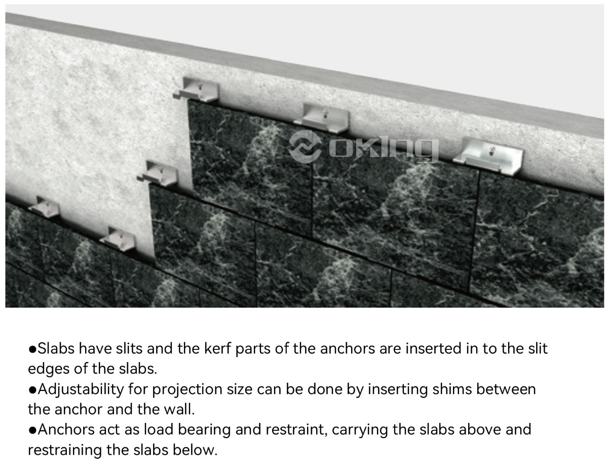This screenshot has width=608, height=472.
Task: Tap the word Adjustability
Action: (x=81, y=390)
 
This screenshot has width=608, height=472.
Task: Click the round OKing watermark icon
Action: (x=305, y=146)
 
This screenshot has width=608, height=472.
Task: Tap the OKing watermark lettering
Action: (x=384, y=149)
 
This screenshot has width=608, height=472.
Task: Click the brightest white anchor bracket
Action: (x=488, y=156)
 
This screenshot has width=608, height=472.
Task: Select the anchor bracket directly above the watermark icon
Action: (x=322, y=118)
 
